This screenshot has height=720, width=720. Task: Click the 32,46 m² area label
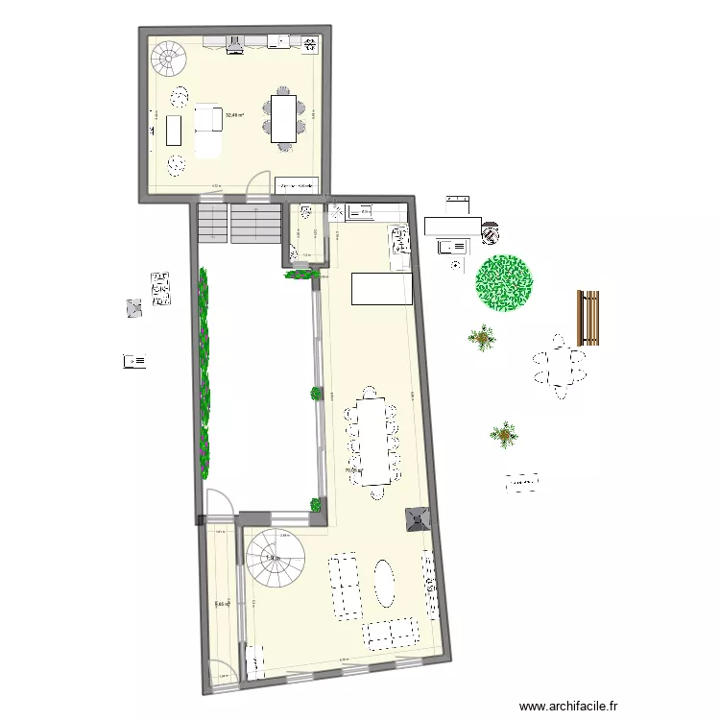tap(234, 115)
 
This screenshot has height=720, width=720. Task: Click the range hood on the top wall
tap(237, 41)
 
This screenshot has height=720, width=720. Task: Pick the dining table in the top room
tap(284, 118)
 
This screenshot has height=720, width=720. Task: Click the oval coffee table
tap(384, 583)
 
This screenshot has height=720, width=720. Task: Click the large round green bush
tap(505, 283)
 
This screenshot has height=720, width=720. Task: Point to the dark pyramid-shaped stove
tap(417, 518)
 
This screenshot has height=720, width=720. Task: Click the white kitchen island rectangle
tap(381, 289)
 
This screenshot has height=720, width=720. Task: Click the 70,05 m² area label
tap(354, 470)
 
